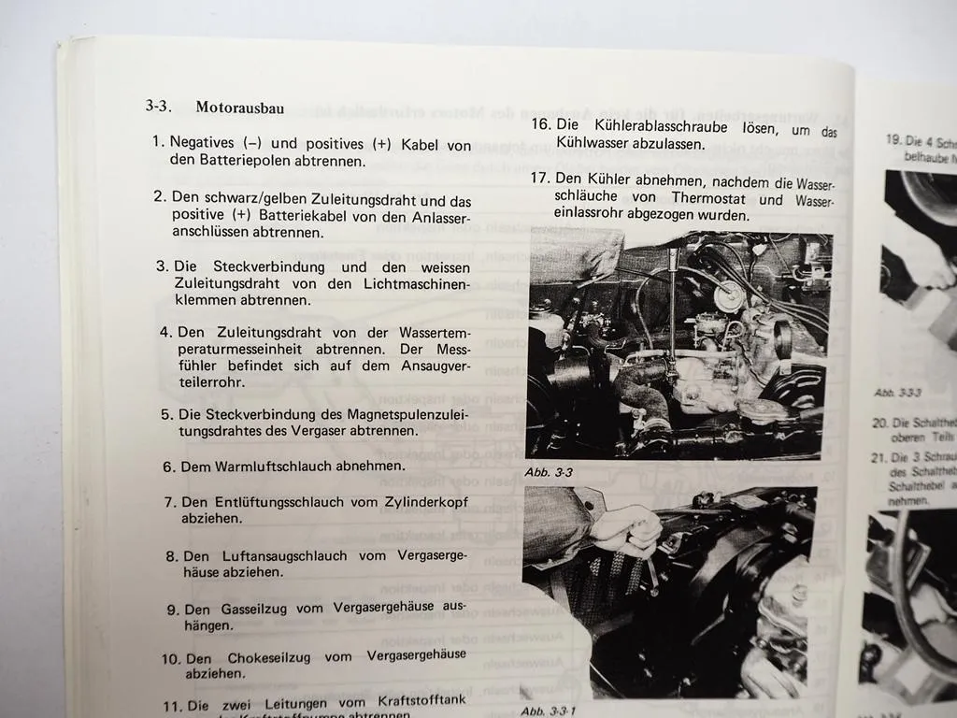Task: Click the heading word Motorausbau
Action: (240, 108)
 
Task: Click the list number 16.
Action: (540, 125)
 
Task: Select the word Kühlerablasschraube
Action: (658, 125)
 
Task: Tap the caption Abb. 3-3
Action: (548, 472)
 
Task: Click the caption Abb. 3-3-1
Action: (550, 710)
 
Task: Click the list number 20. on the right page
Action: (879, 423)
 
